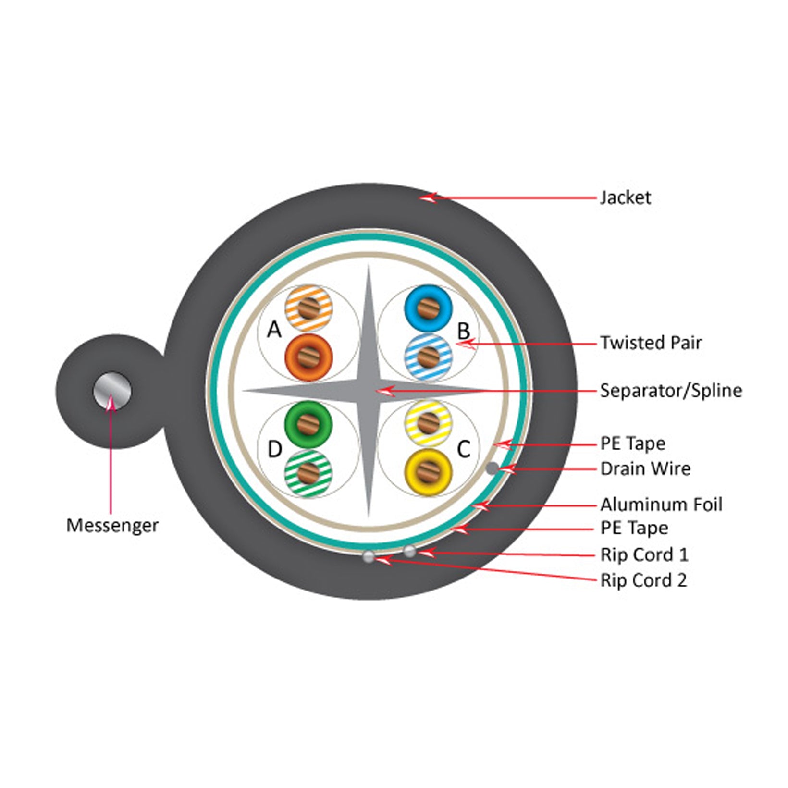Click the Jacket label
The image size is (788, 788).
(625, 197)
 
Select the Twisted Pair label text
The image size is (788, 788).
(651, 343)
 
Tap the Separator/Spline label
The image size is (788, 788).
(671, 390)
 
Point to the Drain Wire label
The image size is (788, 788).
(645, 468)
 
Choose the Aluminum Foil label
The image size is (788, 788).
(661, 505)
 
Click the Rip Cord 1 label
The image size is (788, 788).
(644, 554)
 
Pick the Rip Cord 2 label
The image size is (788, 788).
(643, 580)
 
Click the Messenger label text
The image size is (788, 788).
(112, 525)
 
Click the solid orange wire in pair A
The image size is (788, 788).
(308, 358)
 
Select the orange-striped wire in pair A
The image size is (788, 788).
(308, 308)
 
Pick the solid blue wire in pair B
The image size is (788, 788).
(428, 308)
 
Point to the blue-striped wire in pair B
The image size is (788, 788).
(428, 358)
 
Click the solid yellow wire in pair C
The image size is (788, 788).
(428, 472)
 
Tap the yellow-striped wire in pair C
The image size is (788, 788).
(428, 423)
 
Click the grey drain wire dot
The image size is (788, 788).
(492, 468)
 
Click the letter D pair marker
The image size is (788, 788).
(274, 449)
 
